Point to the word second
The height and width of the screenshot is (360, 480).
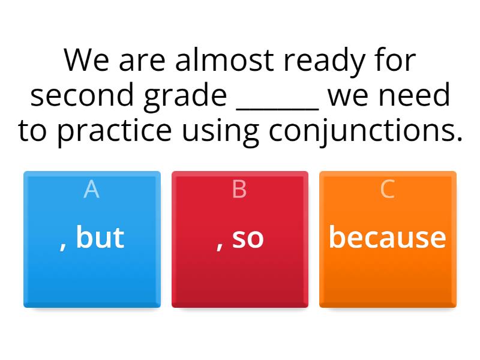pos(83,95)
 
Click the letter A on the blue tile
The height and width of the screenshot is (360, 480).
pos(91,190)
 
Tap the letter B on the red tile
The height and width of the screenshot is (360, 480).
pos(239,190)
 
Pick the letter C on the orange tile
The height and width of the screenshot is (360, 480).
pos(388,190)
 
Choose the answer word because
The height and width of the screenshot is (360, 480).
pos(388,237)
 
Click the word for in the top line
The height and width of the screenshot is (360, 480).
pos(394,60)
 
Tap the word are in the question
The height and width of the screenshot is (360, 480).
pos(142,60)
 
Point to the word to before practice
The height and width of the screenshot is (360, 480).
pos(34,131)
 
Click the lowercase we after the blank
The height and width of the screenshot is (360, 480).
pos(352,95)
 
